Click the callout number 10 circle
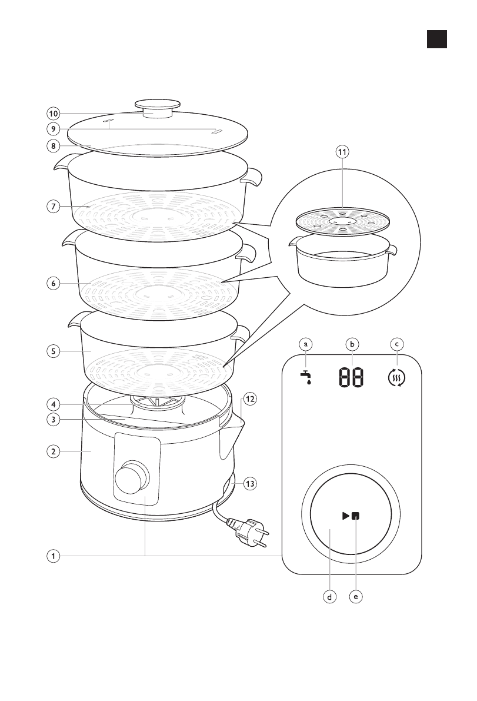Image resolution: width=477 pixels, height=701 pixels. (x=53, y=114)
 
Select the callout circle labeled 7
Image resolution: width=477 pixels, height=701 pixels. (x=53, y=207)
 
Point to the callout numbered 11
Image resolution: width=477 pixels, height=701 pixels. (x=342, y=151)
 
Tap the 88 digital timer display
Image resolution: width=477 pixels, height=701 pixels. (x=351, y=377)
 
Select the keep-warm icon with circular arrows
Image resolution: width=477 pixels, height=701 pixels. (x=398, y=377)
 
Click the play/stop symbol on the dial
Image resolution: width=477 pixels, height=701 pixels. (x=351, y=516)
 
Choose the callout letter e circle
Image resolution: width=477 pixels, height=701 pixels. (x=355, y=596)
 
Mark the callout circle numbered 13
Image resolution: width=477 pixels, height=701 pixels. (x=250, y=484)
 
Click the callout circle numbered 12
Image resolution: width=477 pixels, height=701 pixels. (x=250, y=399)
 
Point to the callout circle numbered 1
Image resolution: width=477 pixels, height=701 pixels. (x=53, y=556)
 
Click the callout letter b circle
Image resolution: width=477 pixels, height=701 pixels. (x=352, y=343)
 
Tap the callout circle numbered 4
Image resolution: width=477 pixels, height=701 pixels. (x=53, y=404)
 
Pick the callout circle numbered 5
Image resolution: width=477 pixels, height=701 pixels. (x=53, y=351)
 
